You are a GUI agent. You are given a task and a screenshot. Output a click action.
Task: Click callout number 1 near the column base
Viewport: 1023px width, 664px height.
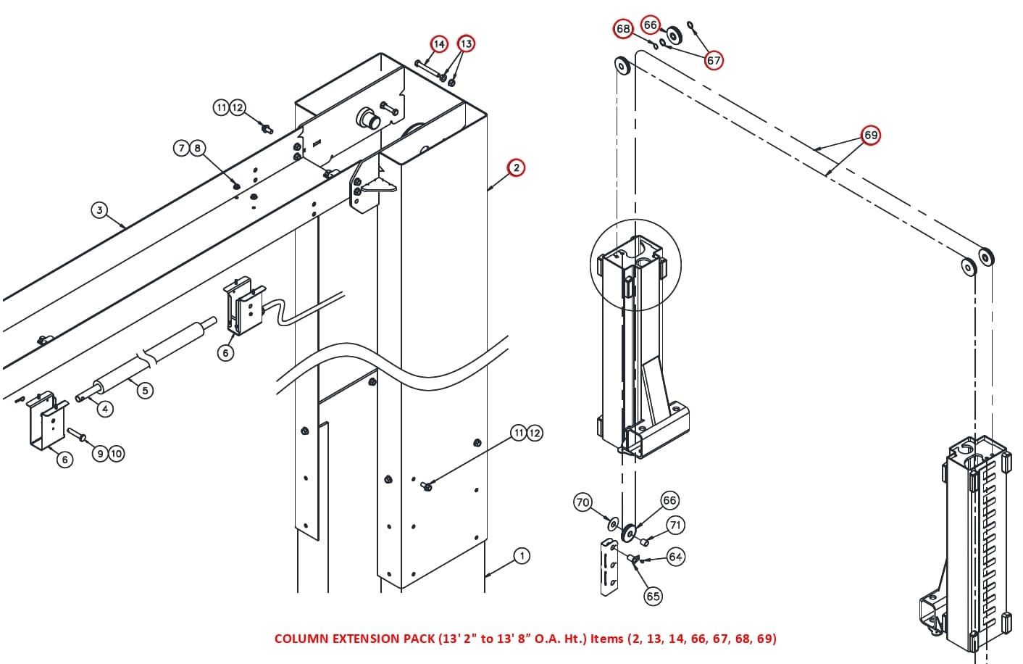tap(522, 556)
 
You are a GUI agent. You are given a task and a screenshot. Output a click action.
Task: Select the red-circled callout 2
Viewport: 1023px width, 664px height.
tap(516, 167)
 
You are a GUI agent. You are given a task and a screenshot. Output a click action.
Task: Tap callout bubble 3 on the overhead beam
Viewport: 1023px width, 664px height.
tap(99, 210)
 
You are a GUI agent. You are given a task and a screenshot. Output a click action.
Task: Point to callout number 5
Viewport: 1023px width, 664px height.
tap(105, 409)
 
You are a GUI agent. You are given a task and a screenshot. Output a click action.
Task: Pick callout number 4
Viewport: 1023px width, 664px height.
tap(145, 391)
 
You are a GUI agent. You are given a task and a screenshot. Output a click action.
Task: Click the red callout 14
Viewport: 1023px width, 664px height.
tap(439, 44)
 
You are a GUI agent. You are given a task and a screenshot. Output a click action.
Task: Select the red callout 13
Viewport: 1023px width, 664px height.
tap(466, 44)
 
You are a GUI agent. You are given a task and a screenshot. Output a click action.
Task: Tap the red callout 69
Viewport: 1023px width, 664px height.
tap(871, 135)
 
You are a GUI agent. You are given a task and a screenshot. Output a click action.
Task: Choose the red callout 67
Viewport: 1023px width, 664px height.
tap(714, 60)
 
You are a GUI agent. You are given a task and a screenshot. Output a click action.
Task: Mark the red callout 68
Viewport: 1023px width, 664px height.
tap(623, 28)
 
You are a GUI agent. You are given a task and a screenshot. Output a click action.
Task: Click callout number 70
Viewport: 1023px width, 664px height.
tap(583, 502)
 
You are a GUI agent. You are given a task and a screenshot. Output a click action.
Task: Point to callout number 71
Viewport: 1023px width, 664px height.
tap(675, 525)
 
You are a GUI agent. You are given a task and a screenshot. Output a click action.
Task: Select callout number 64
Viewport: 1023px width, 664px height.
tap(675, 557)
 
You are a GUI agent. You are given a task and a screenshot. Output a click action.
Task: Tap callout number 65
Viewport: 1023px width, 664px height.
tap(653, 596)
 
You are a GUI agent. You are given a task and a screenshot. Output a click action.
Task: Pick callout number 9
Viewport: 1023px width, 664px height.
tap(101, 454)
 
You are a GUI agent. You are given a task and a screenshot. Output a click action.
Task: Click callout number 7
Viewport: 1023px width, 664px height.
tap(181, 148)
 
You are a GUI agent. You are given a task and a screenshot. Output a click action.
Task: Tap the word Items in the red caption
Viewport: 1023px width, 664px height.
tap(607, 639)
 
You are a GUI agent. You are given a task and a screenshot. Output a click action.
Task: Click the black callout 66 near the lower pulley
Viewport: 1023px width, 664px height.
tap(669, 500)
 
